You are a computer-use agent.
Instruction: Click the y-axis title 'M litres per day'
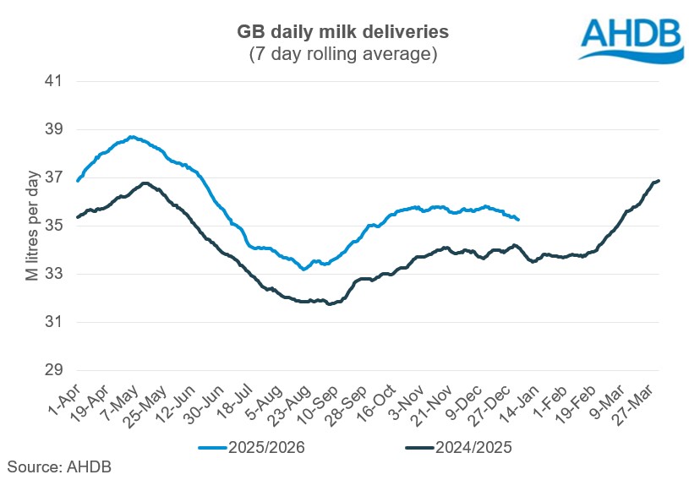(x=31, y=226)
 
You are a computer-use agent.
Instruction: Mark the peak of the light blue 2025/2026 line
(x=131, y=137)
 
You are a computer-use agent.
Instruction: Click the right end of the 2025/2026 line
(x=518, y=220)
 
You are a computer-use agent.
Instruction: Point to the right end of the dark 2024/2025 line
(x=659, y=180)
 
